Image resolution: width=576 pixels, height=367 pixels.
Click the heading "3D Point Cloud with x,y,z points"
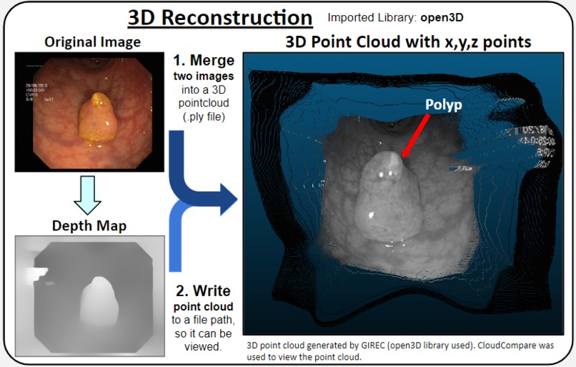[x=408, y=42]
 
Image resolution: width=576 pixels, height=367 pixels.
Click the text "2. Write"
[x=203, y=291]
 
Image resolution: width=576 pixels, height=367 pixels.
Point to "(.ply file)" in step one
[x=203, y=117]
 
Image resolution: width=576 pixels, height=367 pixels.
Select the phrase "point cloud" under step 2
[x=202, y=307]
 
